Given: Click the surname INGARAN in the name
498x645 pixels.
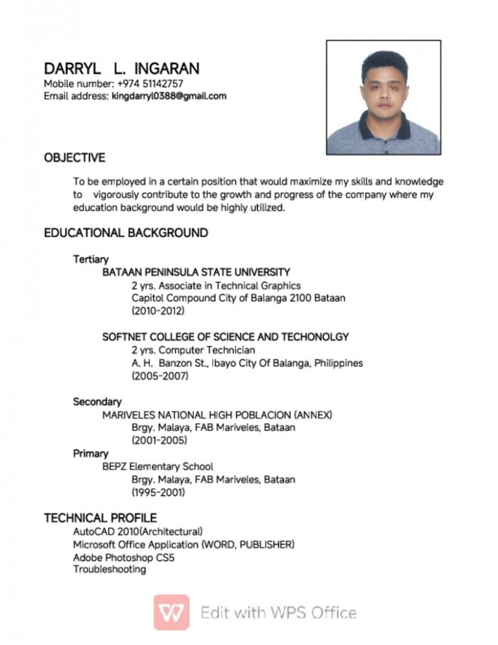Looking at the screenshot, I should pos(167,69).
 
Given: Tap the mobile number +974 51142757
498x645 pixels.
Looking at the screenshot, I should pos(150,84).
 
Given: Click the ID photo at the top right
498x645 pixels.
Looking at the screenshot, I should pos(383,97).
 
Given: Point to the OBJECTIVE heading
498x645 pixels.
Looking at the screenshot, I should pos(74,158).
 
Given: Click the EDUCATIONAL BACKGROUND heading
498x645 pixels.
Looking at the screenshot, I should pos(126,232).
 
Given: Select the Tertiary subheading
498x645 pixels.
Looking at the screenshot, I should pos(91,260).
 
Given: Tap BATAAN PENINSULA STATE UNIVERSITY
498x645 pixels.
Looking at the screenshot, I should pos(196,272).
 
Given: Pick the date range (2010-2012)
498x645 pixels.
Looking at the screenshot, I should pos(158,311).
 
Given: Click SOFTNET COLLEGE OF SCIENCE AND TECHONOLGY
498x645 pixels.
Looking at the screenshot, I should pos(226,337).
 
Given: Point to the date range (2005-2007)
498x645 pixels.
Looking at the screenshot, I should pos(160,376).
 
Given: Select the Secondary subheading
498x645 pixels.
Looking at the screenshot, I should pos(97,402).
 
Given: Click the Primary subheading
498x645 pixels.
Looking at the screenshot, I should pos(90,454).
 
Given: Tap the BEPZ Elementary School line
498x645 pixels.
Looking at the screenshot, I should pos(158,467).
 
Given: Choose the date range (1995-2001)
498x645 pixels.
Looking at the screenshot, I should pos(158,493).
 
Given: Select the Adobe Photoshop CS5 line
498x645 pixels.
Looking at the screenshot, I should pos(123,557).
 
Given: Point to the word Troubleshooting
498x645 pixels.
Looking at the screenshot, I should pos(109,569).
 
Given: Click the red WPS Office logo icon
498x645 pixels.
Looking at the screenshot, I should pos(171,612).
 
